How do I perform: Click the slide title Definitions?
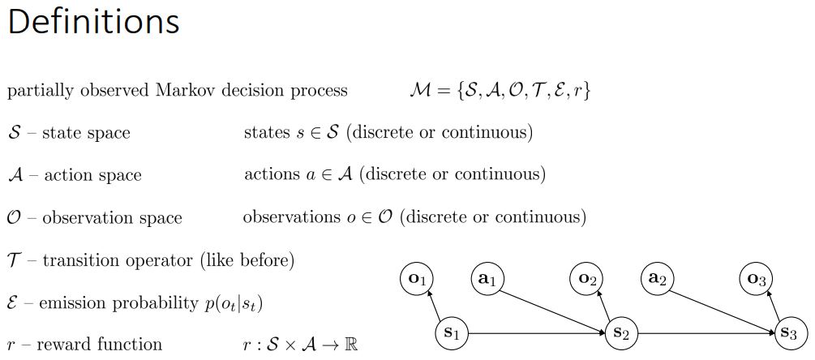pos(93,23)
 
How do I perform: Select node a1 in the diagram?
pos(488,280)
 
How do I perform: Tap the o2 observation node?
pos(590,280)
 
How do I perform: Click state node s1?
pos(453,332)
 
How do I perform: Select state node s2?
pos(623,332)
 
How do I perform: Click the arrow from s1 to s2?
pos(535,332)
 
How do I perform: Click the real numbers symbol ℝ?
pos(348,344)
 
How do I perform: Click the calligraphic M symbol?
pos(424,90)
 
